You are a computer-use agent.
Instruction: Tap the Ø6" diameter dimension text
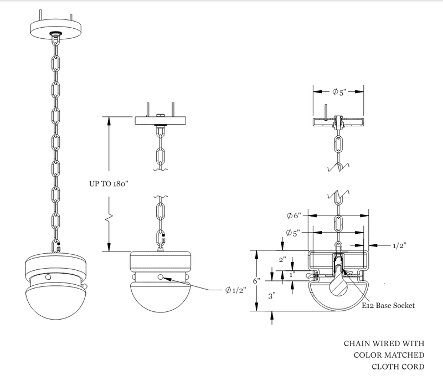pos(295,215)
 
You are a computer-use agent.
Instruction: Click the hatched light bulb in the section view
pos(338,284)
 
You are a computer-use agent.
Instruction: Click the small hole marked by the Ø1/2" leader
pos(161,277)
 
